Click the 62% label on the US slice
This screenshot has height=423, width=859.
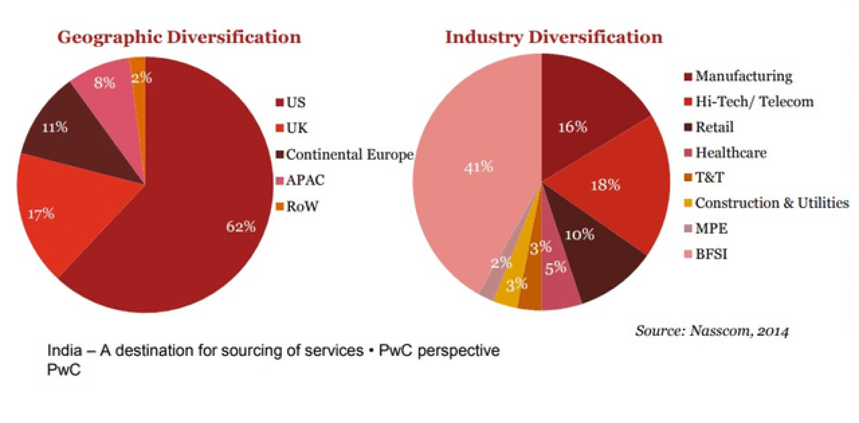241,227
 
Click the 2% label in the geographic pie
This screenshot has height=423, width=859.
141,78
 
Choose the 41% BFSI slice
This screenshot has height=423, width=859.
478,168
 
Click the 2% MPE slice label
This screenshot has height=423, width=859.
501,264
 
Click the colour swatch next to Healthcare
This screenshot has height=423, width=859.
688,153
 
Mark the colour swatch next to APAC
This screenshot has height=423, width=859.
280,181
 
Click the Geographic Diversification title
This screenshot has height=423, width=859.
179,37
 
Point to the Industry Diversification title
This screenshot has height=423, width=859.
554,37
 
